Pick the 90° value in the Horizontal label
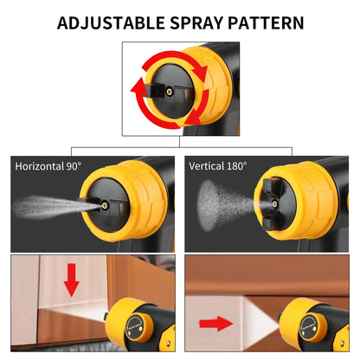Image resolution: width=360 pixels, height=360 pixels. point(74,165)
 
